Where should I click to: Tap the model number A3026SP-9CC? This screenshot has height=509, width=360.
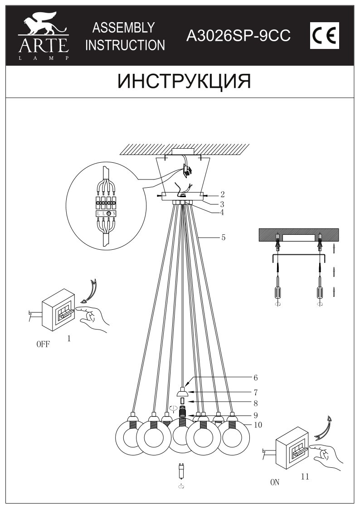click(x=238, y=36)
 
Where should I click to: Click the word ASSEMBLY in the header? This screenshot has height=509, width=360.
click(x=123, y=28)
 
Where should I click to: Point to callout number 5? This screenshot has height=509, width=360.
click(x=224, y=237)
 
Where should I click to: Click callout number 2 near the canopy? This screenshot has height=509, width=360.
click(x=223, y=194)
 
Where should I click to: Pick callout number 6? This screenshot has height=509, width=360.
click(x=255, y=377)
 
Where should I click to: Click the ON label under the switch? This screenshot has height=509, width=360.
click(x=274, y=483)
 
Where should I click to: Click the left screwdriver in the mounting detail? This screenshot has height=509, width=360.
click(x=277, y=290)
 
